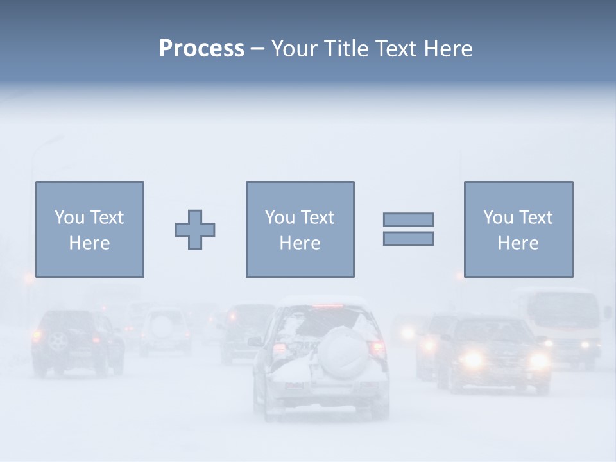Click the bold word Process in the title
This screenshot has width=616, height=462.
coord(201,49)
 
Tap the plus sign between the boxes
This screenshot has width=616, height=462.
coord(195,230)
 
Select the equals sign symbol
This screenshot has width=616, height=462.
coord(408,229)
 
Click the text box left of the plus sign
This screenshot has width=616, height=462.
coord(90,229)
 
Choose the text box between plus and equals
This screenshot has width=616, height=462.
coord(300,229)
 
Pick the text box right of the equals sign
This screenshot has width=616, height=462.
coord(518,229)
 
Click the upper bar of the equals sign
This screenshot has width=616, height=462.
coord(408,220)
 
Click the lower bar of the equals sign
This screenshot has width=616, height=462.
coord(408,238)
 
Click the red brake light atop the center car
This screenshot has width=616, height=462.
coord(329,305)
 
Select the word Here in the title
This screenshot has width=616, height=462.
coord(448,49)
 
